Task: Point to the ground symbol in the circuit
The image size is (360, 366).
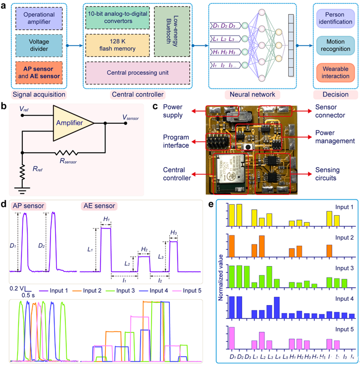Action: pyautogui.click(x=22, y=186)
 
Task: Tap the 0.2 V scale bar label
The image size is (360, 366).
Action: pyautogui.click(x=16, y=287)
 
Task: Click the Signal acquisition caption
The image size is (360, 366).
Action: pyautogui.click(x=39, y=93)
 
